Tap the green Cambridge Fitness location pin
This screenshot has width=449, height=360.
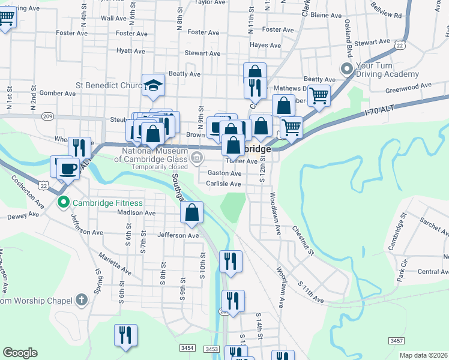(64, 203)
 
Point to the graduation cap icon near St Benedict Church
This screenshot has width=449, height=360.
(153, 85)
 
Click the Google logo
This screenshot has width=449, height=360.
(20, 352)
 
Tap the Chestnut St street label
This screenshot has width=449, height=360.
(303, 239)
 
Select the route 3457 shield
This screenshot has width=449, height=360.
(396, 341)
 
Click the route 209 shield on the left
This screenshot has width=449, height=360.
(49, 116)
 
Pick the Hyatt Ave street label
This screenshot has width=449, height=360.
(132, 50)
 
